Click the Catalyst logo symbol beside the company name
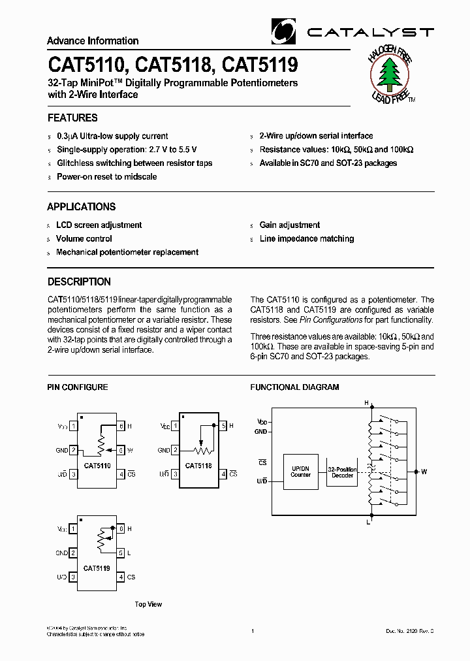tap(283, 31)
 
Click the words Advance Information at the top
tap(93, 40)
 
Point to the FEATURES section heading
tap(72, 118)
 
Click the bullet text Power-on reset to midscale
tap(106, 176)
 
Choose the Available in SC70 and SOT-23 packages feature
tap(328, 163)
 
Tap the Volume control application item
tap(84, 238)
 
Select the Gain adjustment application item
tap(289, 225)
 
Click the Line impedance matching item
tap(306, 238)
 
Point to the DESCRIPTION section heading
tap(79, 282)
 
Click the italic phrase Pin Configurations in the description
tap(331, 320)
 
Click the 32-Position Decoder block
tap(343, 472)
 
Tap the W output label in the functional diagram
tap(424, 471)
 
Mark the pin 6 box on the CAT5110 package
tap(121, 426)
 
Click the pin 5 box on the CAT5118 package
tap(223, 426)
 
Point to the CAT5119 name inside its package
tap(97, 568)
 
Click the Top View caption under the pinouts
tap(148, 604)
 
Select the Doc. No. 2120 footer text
tap(409, 632)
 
